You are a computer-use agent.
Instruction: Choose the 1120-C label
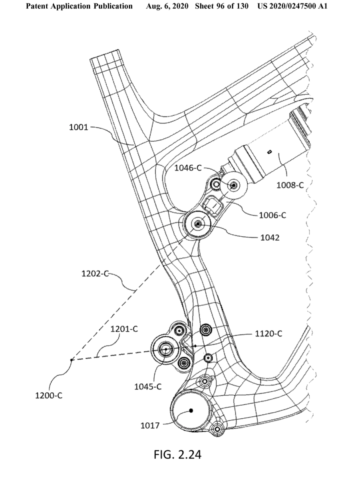pyautogui.click(x=268, y=334)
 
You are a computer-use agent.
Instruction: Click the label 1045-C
pyautogui.click(x=147, y=386)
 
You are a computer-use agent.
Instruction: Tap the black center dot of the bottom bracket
pyautogui.click(x=191, y=410)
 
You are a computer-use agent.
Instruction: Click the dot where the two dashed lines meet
pyautogui.click(x=71, y=360)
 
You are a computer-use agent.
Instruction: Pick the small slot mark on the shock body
pyautogui.click(x=270, y=152)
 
